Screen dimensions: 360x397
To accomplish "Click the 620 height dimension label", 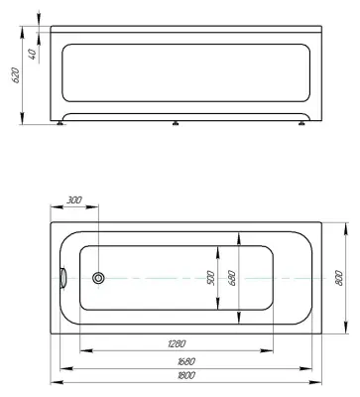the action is point(16,75).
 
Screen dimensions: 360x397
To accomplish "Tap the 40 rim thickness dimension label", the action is point(33,54).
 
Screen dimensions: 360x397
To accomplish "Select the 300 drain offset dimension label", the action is point(74,200).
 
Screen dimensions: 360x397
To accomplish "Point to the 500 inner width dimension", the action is point(211,278).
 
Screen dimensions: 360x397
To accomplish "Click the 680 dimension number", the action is point(232,278).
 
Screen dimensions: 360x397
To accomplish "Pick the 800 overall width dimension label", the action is point(340,278).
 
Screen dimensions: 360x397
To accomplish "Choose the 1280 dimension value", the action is point(176,343).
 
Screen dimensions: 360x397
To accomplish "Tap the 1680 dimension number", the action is point(185,361).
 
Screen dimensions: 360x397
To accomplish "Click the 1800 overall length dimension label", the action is point(185,375).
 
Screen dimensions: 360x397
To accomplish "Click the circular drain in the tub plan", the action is point(98,278).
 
